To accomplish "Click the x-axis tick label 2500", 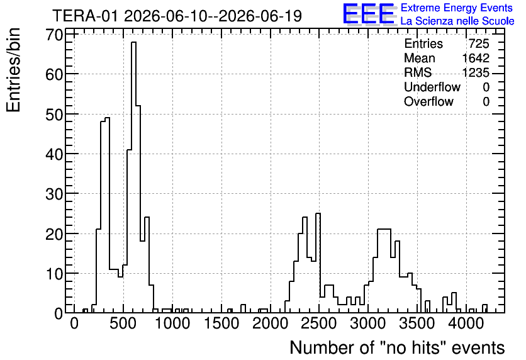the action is click(319, 323).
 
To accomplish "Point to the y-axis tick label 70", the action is click(54, 35).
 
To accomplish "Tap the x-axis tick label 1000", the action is click(172, 323).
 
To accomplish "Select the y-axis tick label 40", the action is click(54, 154).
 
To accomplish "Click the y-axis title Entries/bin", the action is click(14, 70).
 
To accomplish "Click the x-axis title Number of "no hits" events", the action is click(397, 347).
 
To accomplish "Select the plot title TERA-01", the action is click(86, 16).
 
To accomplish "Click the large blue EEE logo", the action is click(369, 14).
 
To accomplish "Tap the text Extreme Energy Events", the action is click(457, 8).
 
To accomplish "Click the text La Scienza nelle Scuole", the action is click(457, 21).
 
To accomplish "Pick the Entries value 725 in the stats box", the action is click(479, 43).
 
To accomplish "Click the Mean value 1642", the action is click(476, 58).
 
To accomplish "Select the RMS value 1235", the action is click(476, 72).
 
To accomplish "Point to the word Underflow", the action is click(432, 87).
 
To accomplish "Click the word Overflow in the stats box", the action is click(428, 101).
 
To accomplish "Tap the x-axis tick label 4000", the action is click(466, 323).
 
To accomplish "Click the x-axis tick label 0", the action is click(74, 323).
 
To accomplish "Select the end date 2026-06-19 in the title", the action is click(260, 16).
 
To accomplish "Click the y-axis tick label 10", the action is click(54, 273).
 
